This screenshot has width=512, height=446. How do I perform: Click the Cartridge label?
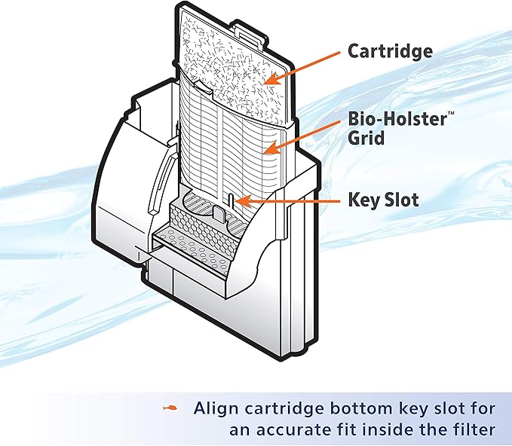click(x=390, y=51)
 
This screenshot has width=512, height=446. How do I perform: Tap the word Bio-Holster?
click(x=388, y=119)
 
